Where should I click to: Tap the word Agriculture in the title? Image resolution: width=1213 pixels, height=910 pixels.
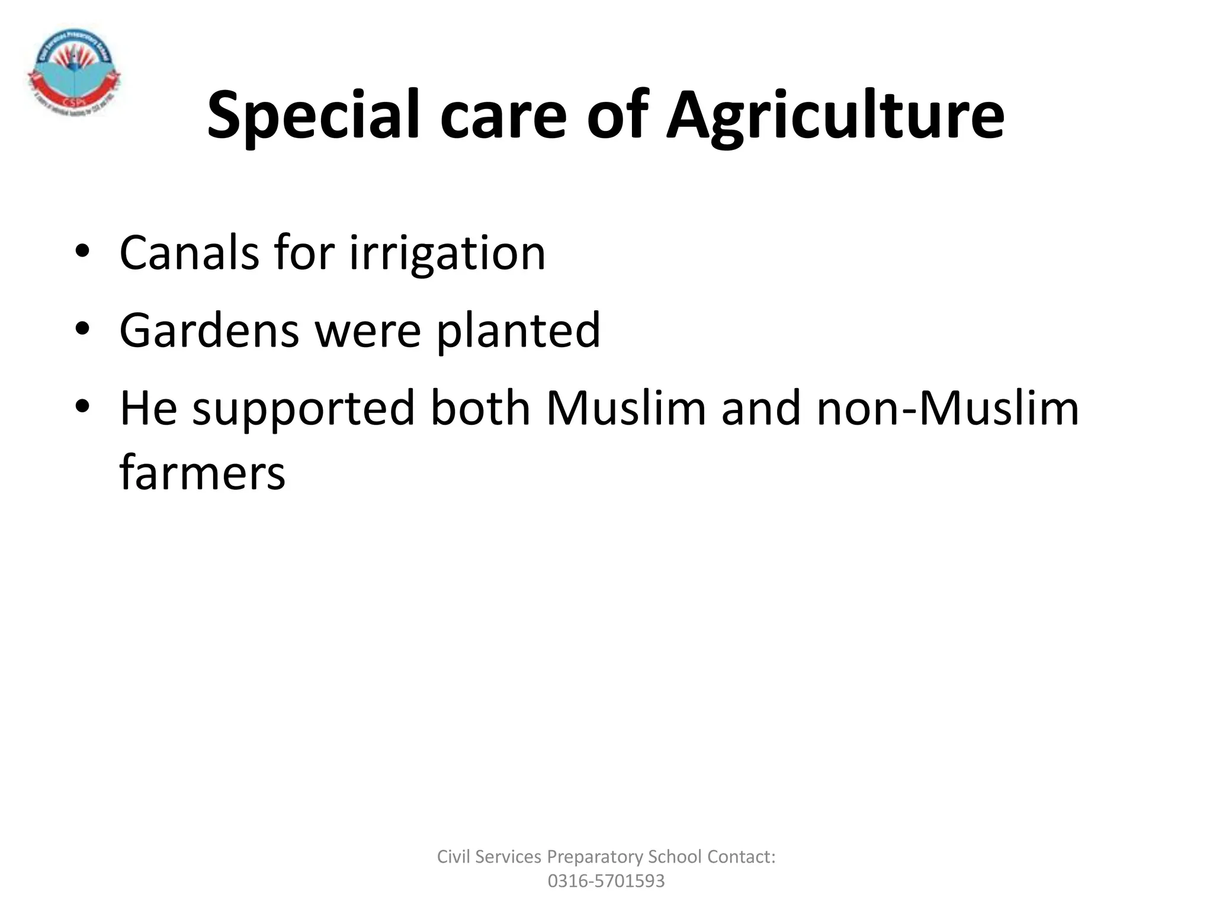(x=835, y=115)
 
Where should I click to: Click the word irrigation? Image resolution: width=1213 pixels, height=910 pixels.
(x=447, y=253)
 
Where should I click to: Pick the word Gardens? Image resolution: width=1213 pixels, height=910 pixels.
(x=209, y=330)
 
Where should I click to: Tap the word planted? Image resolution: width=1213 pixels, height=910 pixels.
(x=518, y=330)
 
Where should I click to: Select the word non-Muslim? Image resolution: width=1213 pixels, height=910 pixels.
(x=948, y=408)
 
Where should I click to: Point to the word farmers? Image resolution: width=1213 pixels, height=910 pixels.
(x=203, y=473)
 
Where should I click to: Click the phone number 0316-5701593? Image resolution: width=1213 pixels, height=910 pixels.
(x=606, y=881)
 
